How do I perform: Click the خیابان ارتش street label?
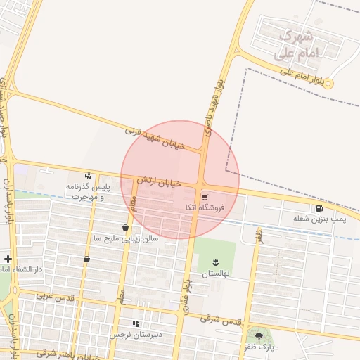click(x=159, y=182)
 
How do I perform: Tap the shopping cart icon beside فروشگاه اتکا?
click(x=205, y=197)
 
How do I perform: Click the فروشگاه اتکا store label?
click(x=205, y=207)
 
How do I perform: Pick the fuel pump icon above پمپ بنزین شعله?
click(x=320, y=208)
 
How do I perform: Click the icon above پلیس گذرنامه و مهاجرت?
click(x=88, y=176)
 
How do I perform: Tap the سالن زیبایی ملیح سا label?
click(x=126, y=238)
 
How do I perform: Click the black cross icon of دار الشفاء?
click(x=7, y=259)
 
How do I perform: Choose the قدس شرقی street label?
click(x=220, y=319)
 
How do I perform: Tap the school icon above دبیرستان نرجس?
click(x=136, y=323)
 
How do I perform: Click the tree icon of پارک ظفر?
click(x=259, y=337)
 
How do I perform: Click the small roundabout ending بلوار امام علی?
click(x=328, y=83)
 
